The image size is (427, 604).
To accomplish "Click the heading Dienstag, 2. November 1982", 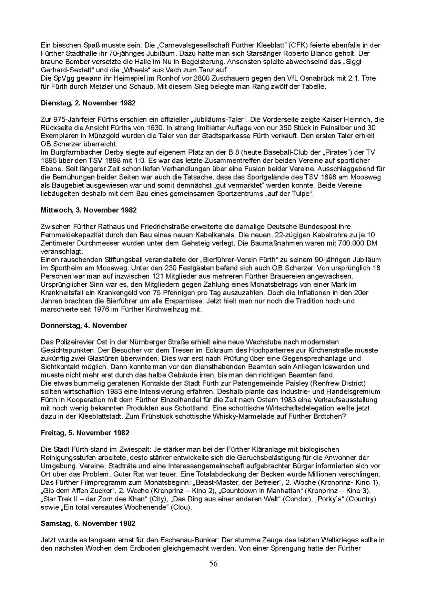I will point(88,103).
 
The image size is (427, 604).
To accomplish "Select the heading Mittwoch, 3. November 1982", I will point(89,210).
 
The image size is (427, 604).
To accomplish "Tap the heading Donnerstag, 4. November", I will point(84,326).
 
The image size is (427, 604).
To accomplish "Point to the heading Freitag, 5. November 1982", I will point(85,433).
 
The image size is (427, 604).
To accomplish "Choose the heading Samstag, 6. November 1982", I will point(88,523).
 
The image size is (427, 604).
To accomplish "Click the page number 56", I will point(213,564).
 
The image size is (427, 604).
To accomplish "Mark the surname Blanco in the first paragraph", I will point(342,53).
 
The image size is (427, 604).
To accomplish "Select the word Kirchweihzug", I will point(163,309).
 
